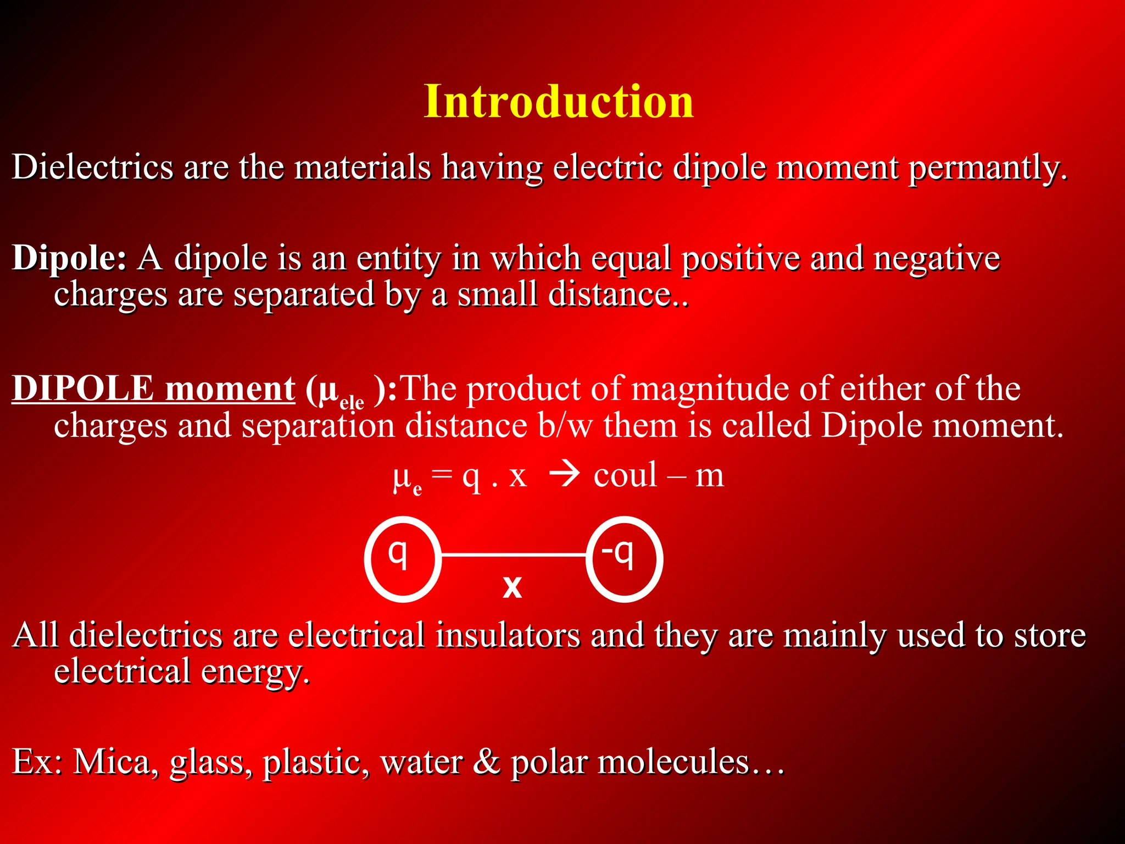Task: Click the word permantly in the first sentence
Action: click(x=987, y=167)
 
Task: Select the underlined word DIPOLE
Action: click(x=83, y=388)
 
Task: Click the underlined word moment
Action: click(x=230, y=389)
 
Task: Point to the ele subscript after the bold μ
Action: click(x=352, y=402)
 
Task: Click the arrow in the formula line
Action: click(x=564, y=475)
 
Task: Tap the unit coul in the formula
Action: click(x=625, y=475)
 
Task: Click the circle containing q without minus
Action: click(x=403, y=559)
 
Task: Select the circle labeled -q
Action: click(x=624, y=559)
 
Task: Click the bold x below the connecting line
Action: click(x=512, y=586)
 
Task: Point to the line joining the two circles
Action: click(x=514, y=556)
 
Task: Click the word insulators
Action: click(x=508, y=635)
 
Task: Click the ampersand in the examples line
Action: click(x=486, y=762)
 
